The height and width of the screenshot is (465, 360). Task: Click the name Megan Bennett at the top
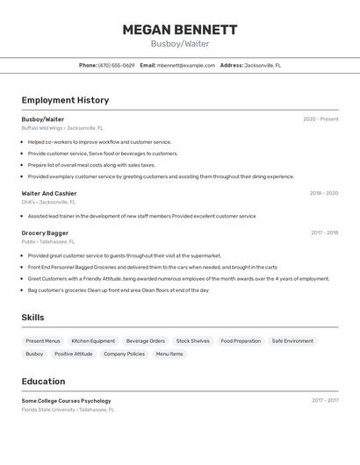point(179,29)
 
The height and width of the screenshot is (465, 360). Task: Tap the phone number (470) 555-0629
point(117,65)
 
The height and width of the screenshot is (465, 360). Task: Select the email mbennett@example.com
point(186,65)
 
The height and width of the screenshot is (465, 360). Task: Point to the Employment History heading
point(65,100)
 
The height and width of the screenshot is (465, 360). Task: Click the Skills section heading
point(32,318)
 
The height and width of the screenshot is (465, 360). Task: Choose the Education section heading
point(43,382)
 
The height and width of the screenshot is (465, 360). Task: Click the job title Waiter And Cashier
point(49,193)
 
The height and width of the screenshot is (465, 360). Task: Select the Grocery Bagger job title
point(45,232)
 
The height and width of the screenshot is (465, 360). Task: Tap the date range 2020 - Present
point(320,119)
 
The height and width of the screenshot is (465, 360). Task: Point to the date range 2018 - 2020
point(323,193)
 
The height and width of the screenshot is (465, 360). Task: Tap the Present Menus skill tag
point(43,340)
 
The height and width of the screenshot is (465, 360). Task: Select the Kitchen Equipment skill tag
point(93,340)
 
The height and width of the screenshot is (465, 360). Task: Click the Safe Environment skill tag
point(292,340)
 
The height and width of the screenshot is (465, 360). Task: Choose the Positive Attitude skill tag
point(73,354)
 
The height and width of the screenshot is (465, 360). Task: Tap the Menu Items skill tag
point(169,354)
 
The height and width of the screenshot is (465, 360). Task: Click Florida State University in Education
point(49,409)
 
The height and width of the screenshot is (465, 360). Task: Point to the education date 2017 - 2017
point(324,400)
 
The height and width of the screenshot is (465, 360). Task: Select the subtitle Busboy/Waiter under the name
point(179,43)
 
